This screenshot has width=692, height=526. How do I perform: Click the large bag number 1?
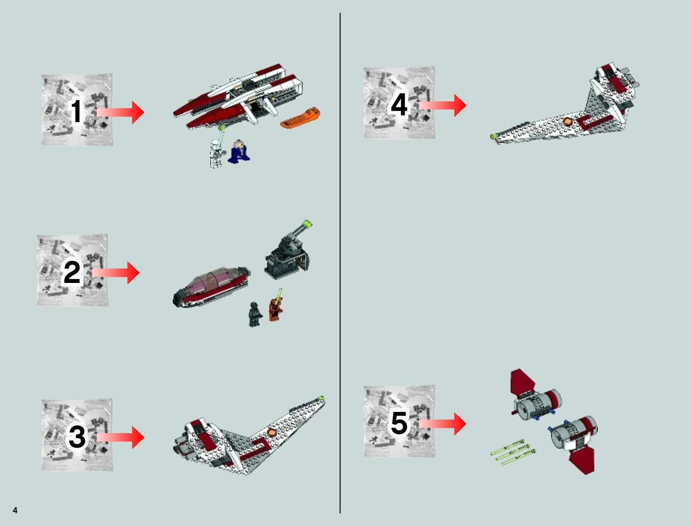coord(76,112)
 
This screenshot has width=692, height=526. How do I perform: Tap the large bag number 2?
coord(72,272)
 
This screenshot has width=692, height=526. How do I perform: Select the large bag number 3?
coord(77,436)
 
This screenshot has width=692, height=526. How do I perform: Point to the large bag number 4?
coord(399,104)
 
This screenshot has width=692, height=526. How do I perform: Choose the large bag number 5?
coord(399,422)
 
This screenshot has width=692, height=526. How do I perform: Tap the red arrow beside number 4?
coord(443,105)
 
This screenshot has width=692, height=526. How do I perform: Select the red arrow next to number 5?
coord(443,424)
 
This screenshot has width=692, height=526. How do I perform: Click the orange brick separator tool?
coord(300,118)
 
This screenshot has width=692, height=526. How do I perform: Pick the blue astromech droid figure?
coord(239,151)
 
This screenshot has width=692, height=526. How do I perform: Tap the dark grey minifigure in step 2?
coord(255,314)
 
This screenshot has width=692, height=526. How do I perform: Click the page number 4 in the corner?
coord(15,510)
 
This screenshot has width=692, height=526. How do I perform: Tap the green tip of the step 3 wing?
coord(321,398)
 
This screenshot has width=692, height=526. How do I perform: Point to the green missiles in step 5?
coord(513,452)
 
